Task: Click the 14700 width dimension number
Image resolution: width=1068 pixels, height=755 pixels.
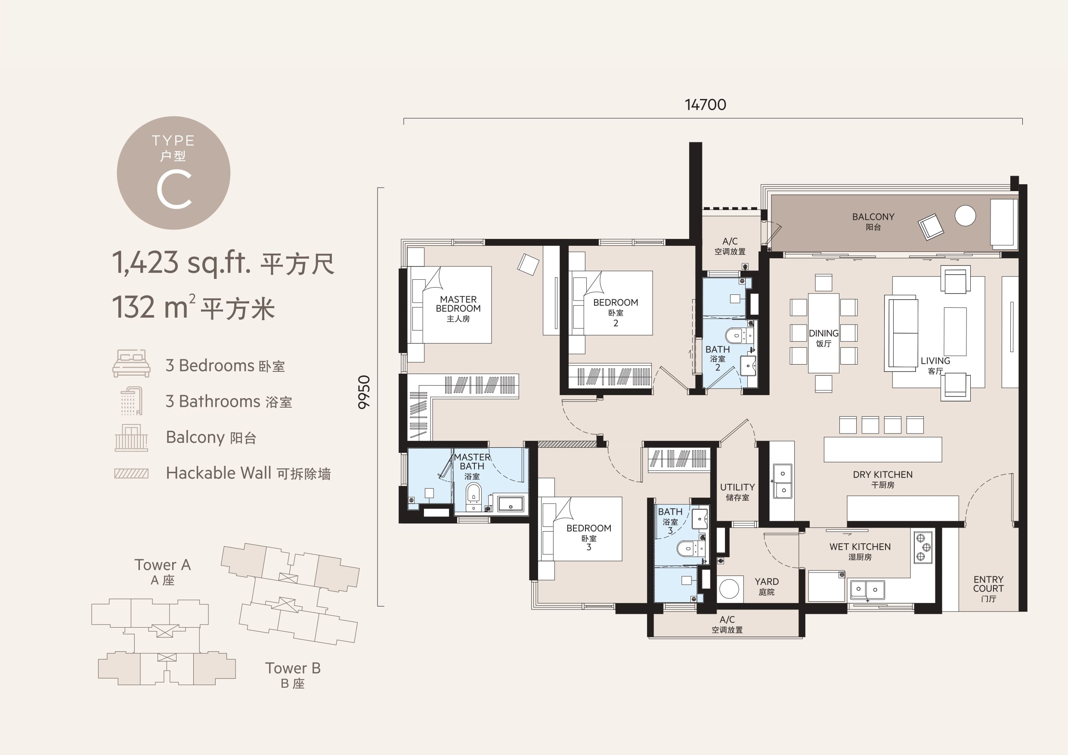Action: [705, 105]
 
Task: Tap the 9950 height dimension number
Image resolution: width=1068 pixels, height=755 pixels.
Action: [364, 392]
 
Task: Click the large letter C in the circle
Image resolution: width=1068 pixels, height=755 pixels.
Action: [174, 189]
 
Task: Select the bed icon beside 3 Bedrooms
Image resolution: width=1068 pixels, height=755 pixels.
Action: [131, 363]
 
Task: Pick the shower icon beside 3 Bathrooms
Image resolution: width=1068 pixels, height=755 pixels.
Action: [131, 400]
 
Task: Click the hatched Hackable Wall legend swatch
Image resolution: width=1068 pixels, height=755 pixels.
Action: [131, 473]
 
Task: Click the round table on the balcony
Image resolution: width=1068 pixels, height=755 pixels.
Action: [965, 216]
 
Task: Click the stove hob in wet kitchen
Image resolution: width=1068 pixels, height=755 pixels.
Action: [923, 548]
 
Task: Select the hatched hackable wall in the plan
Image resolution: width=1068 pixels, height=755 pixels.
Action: [567, 444]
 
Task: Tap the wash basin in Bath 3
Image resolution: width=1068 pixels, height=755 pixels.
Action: [700, 519]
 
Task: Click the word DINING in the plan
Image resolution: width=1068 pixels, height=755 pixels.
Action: [823, 334]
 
